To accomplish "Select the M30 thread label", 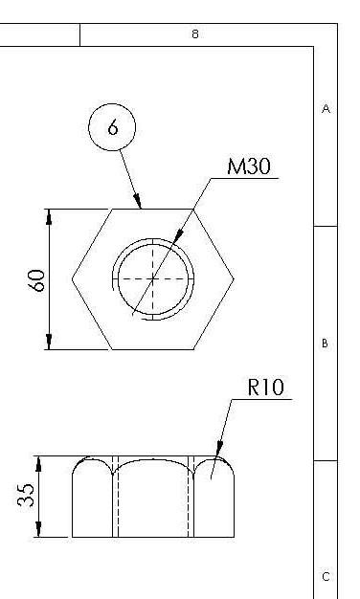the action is (249, 166).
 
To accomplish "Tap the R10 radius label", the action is (266, 387).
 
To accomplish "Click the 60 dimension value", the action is (37, 280).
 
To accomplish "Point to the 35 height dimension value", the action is (26, 495).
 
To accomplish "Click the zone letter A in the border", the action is (326, 109).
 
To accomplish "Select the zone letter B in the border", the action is (325, 344).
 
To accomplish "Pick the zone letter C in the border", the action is (326, 576).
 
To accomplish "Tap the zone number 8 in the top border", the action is (195, 34).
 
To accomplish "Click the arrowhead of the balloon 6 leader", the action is (138, 201).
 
